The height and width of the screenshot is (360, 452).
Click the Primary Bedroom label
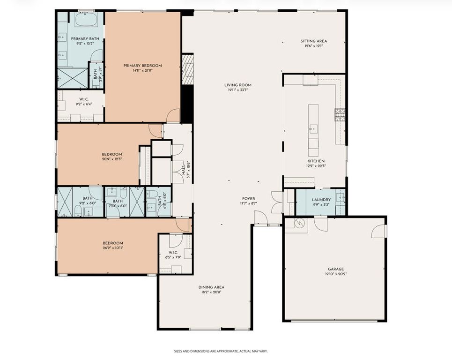click(x=142, y=66)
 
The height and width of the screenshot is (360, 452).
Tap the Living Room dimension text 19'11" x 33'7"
click(x=237, y=90)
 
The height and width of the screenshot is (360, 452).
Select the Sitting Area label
click(x=313, y=41)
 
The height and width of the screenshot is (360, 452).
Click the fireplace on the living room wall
click(x=187, y=69)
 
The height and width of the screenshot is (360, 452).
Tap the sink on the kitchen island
click(x=312, y=128)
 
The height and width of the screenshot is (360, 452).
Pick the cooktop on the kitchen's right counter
click(x=339, y=114)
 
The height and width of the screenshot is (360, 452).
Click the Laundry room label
click(x=321, y=200)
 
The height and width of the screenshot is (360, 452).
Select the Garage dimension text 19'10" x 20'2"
click(x=336, y=274)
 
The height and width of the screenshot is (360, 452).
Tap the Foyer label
click(x=248, y=199)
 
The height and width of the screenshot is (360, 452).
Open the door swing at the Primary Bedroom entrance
click(x=174, y=115)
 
